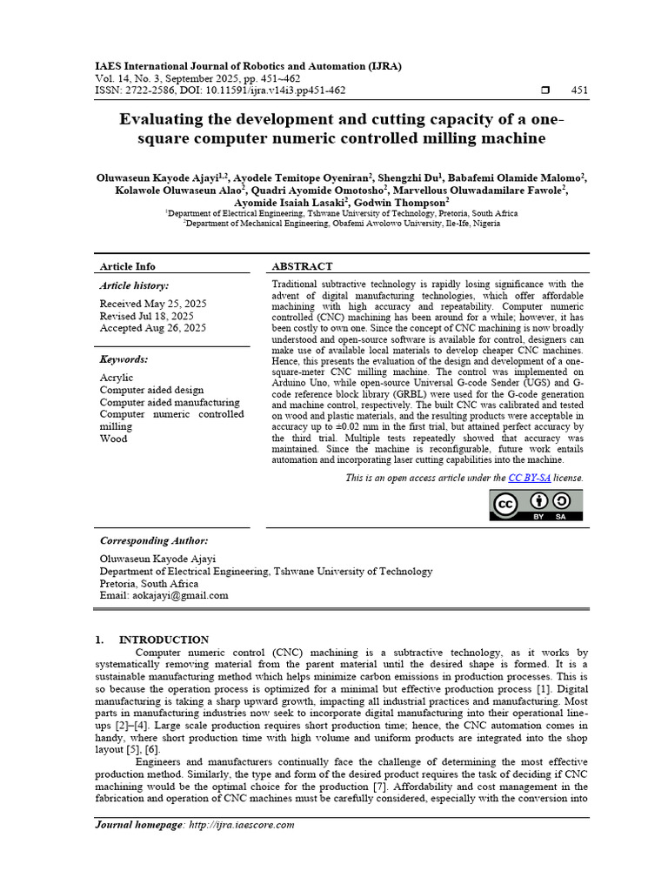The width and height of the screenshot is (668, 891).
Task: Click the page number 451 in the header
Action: click(x=579, y=90)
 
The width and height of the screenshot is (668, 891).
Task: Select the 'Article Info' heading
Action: click(x=127, y=266)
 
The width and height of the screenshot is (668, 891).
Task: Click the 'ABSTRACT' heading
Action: click(x=302, y=266)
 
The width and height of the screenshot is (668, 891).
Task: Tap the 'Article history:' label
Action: click(x=134, y=285)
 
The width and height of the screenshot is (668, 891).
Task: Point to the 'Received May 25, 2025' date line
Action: click(x=152, y=304)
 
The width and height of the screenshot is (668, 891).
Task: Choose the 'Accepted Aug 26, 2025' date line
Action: click(x=152, y=328)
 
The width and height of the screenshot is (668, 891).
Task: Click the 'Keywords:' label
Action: click(x=124, y=359)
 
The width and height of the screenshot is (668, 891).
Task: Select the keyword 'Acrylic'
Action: click(x=117, y=379)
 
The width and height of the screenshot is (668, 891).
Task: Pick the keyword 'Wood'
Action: click(x=113, y=439)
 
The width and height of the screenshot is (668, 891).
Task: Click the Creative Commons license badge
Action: click(x=537, y=506)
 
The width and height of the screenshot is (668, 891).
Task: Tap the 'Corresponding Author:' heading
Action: click(x=153, y=540)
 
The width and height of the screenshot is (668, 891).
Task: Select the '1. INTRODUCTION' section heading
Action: click(x=152, y=640)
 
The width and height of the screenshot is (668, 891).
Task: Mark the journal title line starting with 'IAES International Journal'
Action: click(x=248, y=66)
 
